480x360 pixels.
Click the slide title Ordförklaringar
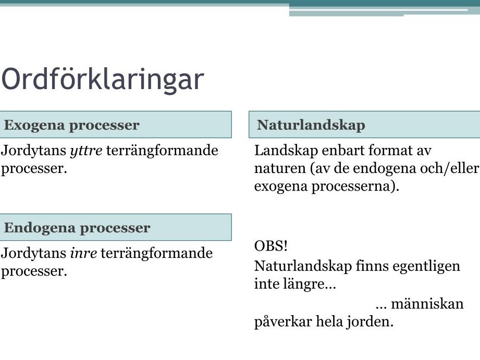(x=103, y=80)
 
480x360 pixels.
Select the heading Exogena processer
(x=71, y=125)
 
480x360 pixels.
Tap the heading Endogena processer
(x=77, y=228)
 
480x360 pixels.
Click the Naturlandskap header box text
(x=311, y=125)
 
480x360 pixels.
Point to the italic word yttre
(x=86, y=151)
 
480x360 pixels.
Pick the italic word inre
(x=83, y=253)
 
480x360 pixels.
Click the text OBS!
(x=271, y=245)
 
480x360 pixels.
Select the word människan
(x=427, y=304)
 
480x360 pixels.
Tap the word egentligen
(x=426, y=267)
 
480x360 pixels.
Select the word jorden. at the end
(x=370, y=322)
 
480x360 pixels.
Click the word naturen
(x=280, y=169)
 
